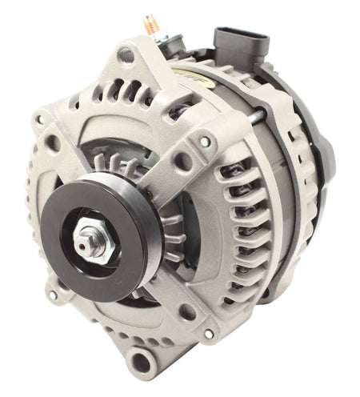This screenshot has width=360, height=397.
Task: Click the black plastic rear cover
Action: coord(316,152)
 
